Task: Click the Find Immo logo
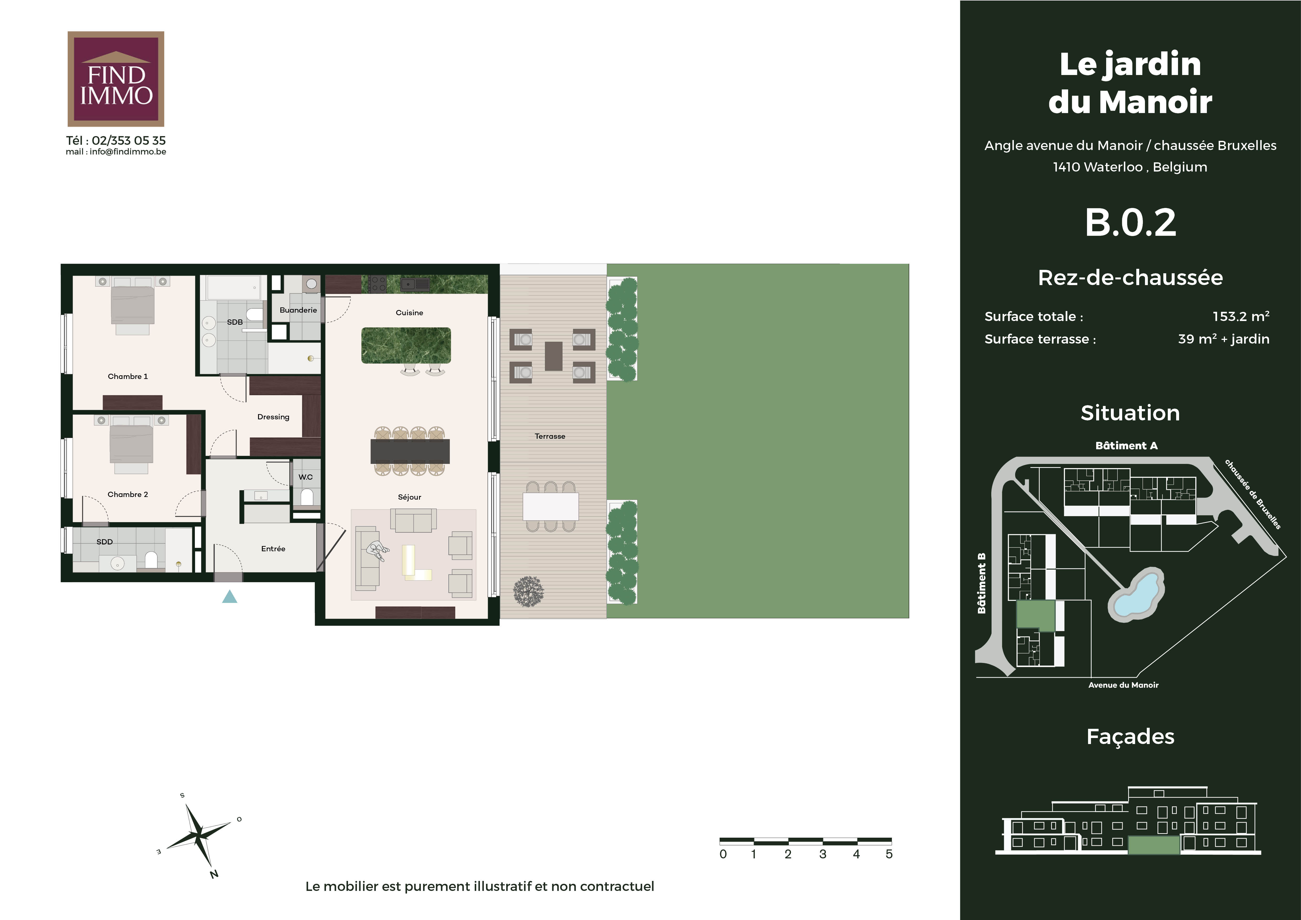(x=116, y=79)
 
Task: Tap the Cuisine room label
(x=409, y=313)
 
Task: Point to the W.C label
(x=306, y=477)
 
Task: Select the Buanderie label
(x=298, y=310)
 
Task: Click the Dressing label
(x=273, y=417)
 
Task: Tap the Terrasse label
(x=550, y=436)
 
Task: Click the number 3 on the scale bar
(x=823, y=854)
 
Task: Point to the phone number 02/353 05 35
(x=129, y=141)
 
